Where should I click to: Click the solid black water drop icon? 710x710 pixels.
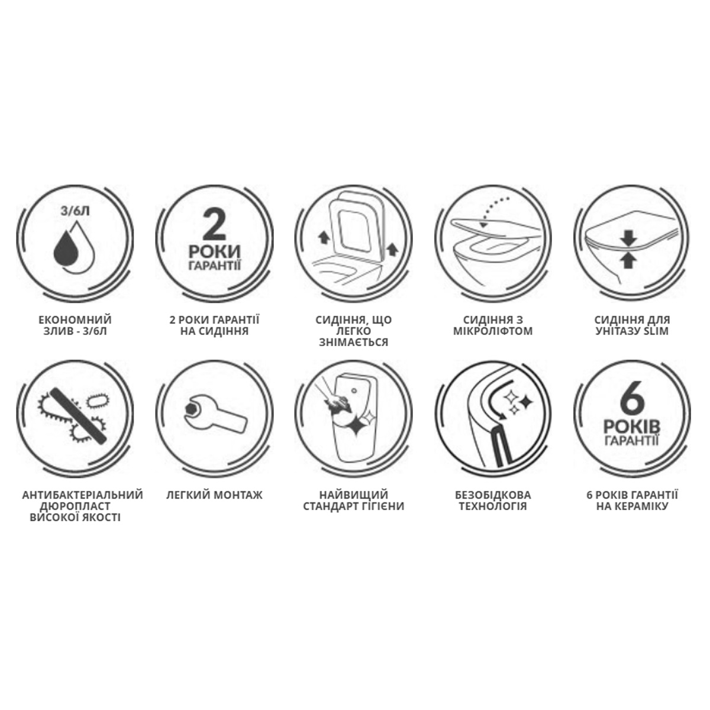(66, 247)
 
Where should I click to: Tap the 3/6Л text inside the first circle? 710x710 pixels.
(75, 211)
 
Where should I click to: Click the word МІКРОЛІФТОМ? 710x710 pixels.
(493, 331)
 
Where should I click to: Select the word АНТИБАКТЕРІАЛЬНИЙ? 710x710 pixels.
(82, 495)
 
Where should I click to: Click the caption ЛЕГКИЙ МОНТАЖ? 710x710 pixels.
(214, 495)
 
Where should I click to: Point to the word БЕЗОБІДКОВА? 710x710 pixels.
(493, 495)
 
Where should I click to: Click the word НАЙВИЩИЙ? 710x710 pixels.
(353, 495)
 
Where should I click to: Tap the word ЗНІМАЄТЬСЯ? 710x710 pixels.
(353, 342)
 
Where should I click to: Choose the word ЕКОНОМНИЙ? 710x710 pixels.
(75, 319)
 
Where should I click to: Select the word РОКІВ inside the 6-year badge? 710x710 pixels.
(632, 427)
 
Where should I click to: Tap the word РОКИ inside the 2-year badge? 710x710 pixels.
(214, 251)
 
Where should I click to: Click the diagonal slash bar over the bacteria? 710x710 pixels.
(79, 415)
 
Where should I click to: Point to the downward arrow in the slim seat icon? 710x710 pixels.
(628, 240)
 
